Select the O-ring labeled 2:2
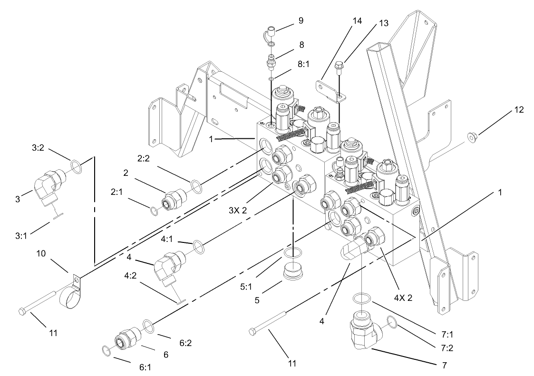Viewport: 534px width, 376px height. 195,184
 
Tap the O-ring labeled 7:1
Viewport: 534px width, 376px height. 363,298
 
